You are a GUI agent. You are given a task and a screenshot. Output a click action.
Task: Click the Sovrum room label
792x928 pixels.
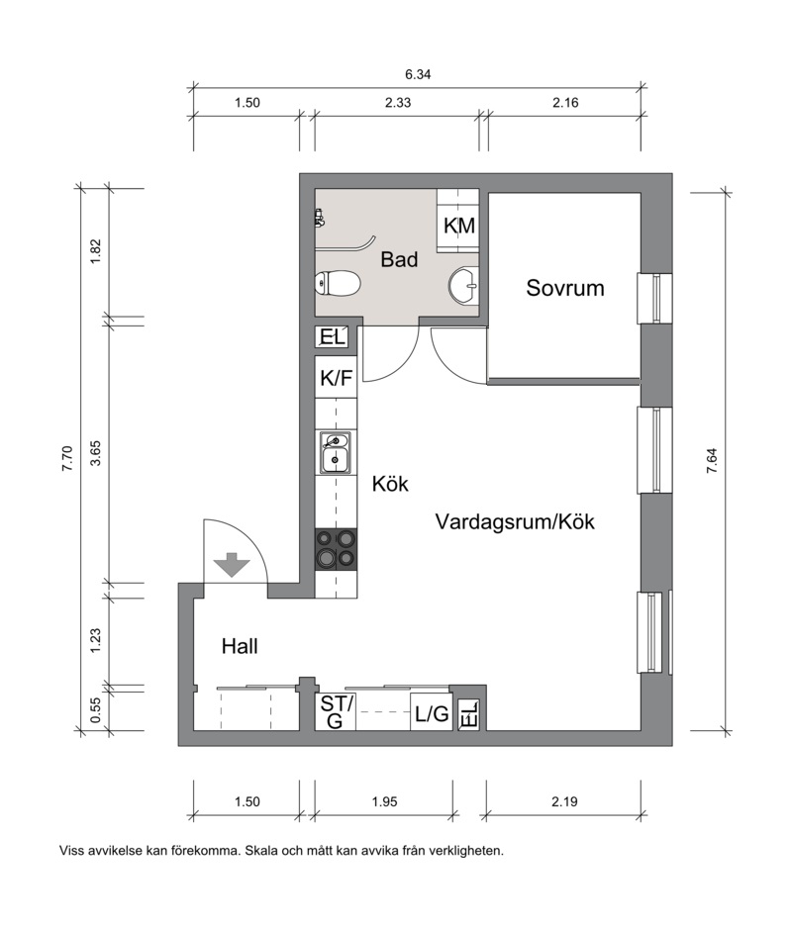click(565, 288)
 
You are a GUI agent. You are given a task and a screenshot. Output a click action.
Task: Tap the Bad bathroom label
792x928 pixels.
click(399, 259)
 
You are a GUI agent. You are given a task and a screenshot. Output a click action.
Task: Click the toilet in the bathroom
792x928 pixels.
click(338, 283)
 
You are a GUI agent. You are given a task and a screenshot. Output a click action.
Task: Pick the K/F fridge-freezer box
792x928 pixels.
click(336, 378)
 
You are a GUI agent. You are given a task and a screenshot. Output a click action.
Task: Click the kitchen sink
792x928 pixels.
click(336, 453)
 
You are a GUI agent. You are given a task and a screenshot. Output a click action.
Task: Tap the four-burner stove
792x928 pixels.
click(337, 549)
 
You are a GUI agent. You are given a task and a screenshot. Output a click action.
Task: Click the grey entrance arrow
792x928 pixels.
click(232, 565)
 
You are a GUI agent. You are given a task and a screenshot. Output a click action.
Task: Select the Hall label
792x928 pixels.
click(240, 646)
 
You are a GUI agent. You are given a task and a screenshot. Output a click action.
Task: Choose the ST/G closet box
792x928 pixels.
click(336, 711)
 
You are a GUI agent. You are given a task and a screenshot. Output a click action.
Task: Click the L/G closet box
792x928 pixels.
click(432, 711)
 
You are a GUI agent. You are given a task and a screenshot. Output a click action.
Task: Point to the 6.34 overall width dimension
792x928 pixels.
click(418, 74)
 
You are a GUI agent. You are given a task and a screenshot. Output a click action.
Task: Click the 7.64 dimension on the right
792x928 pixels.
click(712, 460)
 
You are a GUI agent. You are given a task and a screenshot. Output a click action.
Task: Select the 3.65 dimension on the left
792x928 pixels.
click(95, 453)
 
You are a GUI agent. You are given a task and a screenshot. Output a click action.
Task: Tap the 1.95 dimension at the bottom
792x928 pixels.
click(384, 802)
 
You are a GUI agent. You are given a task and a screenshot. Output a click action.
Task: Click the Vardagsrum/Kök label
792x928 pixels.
click(515, 522)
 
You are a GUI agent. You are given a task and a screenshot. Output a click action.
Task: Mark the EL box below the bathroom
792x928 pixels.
click(332, 337)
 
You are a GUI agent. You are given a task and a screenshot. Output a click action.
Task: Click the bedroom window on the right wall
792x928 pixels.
click(654, 299)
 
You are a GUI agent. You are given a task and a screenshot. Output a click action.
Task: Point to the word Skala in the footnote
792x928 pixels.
click(261, 851)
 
